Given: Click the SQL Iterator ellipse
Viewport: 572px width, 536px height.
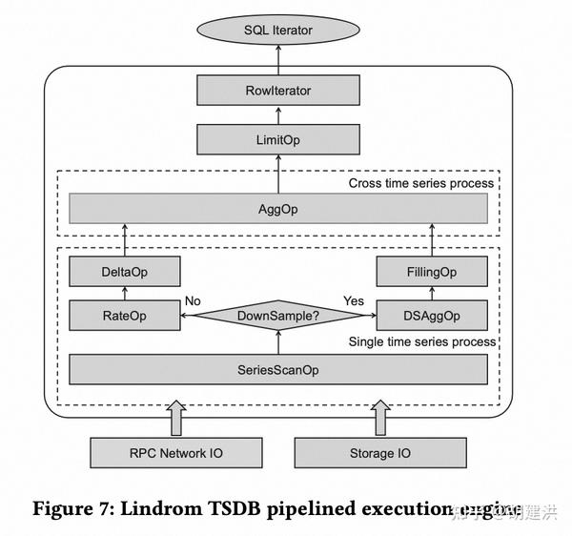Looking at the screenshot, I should pos(278,31).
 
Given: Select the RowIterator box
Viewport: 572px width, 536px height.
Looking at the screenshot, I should pos(278,91).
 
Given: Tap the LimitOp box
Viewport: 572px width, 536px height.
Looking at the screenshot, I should pos(278,140).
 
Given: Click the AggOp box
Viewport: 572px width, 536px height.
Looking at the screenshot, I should pos(278,208).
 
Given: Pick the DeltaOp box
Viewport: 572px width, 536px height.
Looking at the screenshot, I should pos(126,273).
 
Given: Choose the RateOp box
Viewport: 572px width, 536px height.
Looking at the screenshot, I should pos(126,314).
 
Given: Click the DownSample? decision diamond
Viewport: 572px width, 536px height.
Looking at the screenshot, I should pos(278,314).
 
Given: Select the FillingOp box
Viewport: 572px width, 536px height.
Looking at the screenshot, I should pos(431,273).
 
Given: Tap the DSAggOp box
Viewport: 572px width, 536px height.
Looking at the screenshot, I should pos(431,314).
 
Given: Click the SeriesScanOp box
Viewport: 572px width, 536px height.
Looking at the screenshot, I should pos(278,369).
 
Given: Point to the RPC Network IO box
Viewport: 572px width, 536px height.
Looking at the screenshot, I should pos(175,452).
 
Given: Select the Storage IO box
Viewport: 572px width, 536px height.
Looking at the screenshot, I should pos(380,452).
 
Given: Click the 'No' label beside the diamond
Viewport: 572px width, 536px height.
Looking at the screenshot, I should pos(193,300).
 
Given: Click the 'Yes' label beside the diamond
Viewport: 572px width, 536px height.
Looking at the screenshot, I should pos(354,300).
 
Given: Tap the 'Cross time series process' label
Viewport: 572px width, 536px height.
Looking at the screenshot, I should pos(421,183).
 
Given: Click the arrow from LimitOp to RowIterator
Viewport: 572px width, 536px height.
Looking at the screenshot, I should pos(278,115).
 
